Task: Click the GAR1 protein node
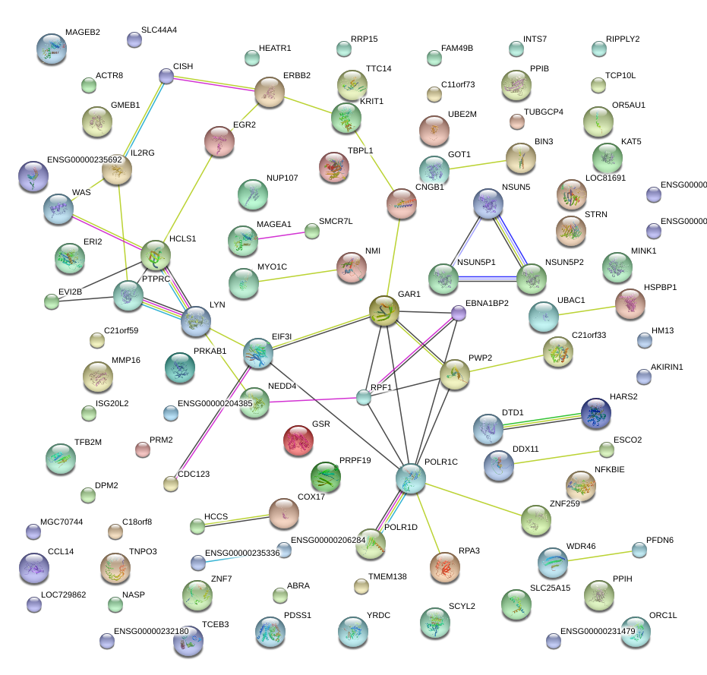384,311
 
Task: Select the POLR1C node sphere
410,478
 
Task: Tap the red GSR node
298,440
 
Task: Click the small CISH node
166,76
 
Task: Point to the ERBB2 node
270,92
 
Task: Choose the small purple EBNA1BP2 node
458,312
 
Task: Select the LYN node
196,322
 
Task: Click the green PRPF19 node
326,476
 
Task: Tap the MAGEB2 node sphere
51,49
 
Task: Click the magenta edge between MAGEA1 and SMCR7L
282,236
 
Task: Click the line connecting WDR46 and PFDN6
604,556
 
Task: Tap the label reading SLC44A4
160,30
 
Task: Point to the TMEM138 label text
387,577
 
